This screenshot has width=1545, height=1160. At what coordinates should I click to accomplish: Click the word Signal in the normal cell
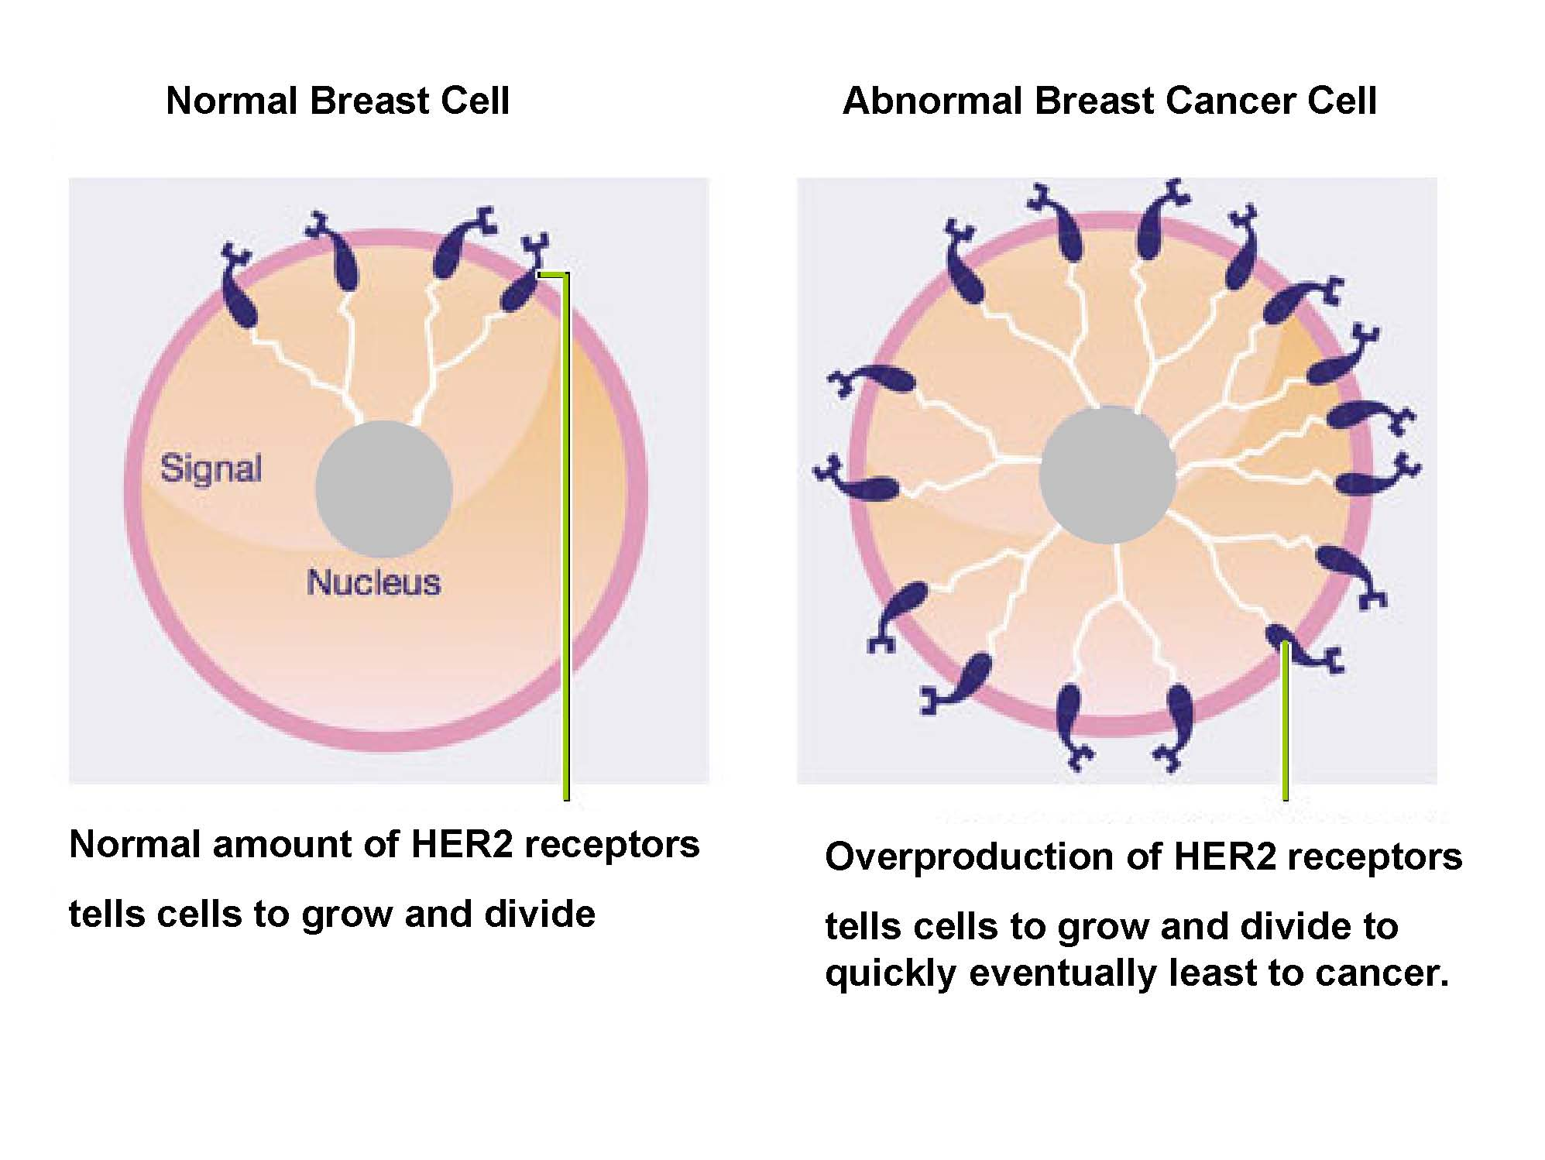[211, 469]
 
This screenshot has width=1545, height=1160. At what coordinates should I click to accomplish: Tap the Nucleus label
[373, 583]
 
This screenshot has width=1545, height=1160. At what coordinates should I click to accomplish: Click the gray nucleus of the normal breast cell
[383, 489]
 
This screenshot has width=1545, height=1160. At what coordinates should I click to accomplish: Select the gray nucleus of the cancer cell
[1108, 474]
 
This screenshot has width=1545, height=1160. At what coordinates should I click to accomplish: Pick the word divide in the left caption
[540, 914]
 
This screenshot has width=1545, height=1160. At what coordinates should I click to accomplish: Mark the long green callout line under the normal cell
[565, 534]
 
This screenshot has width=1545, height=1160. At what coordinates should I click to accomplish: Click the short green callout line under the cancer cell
[1285, 720]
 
